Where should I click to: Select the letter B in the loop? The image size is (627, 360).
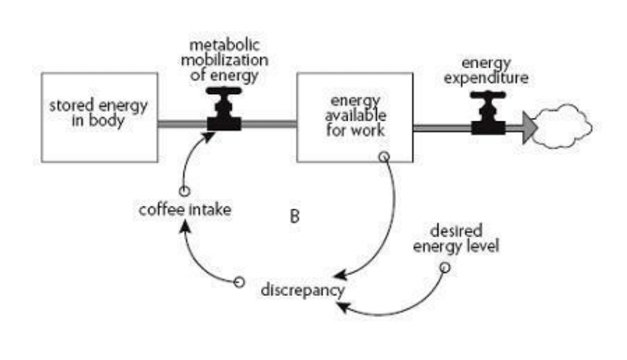(294, 217)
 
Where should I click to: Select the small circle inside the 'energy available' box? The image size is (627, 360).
(383, 156)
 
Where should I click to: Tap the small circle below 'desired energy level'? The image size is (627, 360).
(444, 267)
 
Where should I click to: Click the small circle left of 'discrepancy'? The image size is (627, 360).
(239, 281)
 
